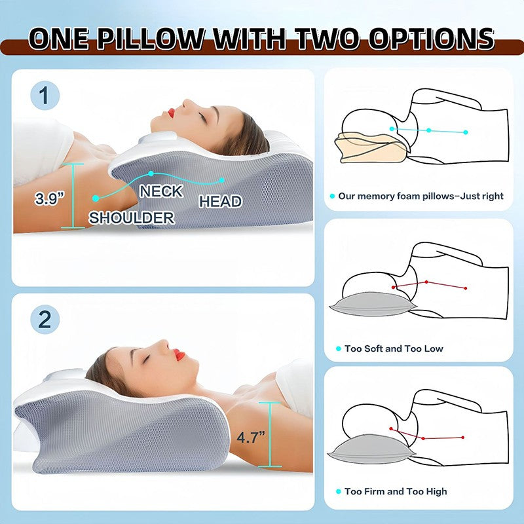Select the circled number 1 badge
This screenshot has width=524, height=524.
(45, 96)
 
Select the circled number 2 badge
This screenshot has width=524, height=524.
(45, 320)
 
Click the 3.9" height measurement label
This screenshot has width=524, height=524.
(50, 198)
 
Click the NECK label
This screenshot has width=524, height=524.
(161, 191)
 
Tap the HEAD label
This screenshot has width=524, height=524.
(221, 202)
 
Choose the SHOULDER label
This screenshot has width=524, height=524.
(132, 217)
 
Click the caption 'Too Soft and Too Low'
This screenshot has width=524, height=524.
(394, 348)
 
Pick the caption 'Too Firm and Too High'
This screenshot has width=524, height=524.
(396, 491)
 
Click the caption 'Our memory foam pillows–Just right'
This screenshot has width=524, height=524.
(420, 195)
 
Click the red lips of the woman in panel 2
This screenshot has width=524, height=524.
(179, 355)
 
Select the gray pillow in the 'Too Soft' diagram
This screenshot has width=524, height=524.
(367, 306)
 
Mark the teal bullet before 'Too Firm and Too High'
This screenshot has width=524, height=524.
(337, 491)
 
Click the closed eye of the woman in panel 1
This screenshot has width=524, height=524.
(204, 118)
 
